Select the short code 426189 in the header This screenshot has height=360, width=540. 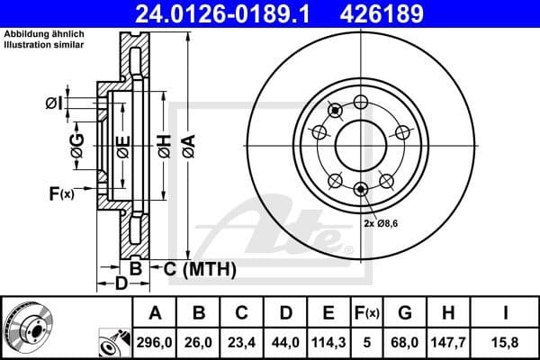click(x=393, y=13)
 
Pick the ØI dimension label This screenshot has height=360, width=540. click(x=54, y=103)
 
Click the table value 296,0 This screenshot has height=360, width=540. click(x=155, y=341)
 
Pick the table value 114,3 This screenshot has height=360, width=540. click(x=328, y=341)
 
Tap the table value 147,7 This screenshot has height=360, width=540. click(x=447, y=341)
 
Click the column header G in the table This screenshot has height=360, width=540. click(x=405, y=313)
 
